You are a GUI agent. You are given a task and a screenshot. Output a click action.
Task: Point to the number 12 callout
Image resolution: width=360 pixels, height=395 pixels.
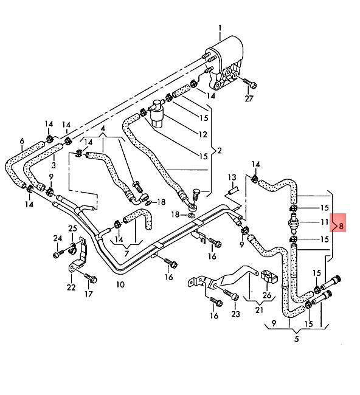[x=202, y=134]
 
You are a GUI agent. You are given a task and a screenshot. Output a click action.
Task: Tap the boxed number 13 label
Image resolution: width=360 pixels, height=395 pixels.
[x=232, y=177]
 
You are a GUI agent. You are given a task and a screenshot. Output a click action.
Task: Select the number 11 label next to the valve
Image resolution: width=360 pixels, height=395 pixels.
[x=324, y=222]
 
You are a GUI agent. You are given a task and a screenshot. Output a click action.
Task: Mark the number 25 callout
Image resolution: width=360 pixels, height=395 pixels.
[x=72, y=228]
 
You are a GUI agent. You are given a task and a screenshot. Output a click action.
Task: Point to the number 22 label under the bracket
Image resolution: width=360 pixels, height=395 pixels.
[x=71, y=287]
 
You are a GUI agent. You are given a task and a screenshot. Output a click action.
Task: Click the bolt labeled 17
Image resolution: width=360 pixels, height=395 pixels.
[x=89, y=280]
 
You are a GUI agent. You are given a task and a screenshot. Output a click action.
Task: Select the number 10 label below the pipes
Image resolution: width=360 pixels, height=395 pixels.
[x=120, y=284]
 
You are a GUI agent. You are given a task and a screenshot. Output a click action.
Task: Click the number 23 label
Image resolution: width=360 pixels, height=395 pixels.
[x=235, y=314]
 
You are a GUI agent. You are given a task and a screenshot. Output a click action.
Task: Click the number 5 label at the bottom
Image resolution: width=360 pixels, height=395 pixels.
[x=296, y=339]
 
